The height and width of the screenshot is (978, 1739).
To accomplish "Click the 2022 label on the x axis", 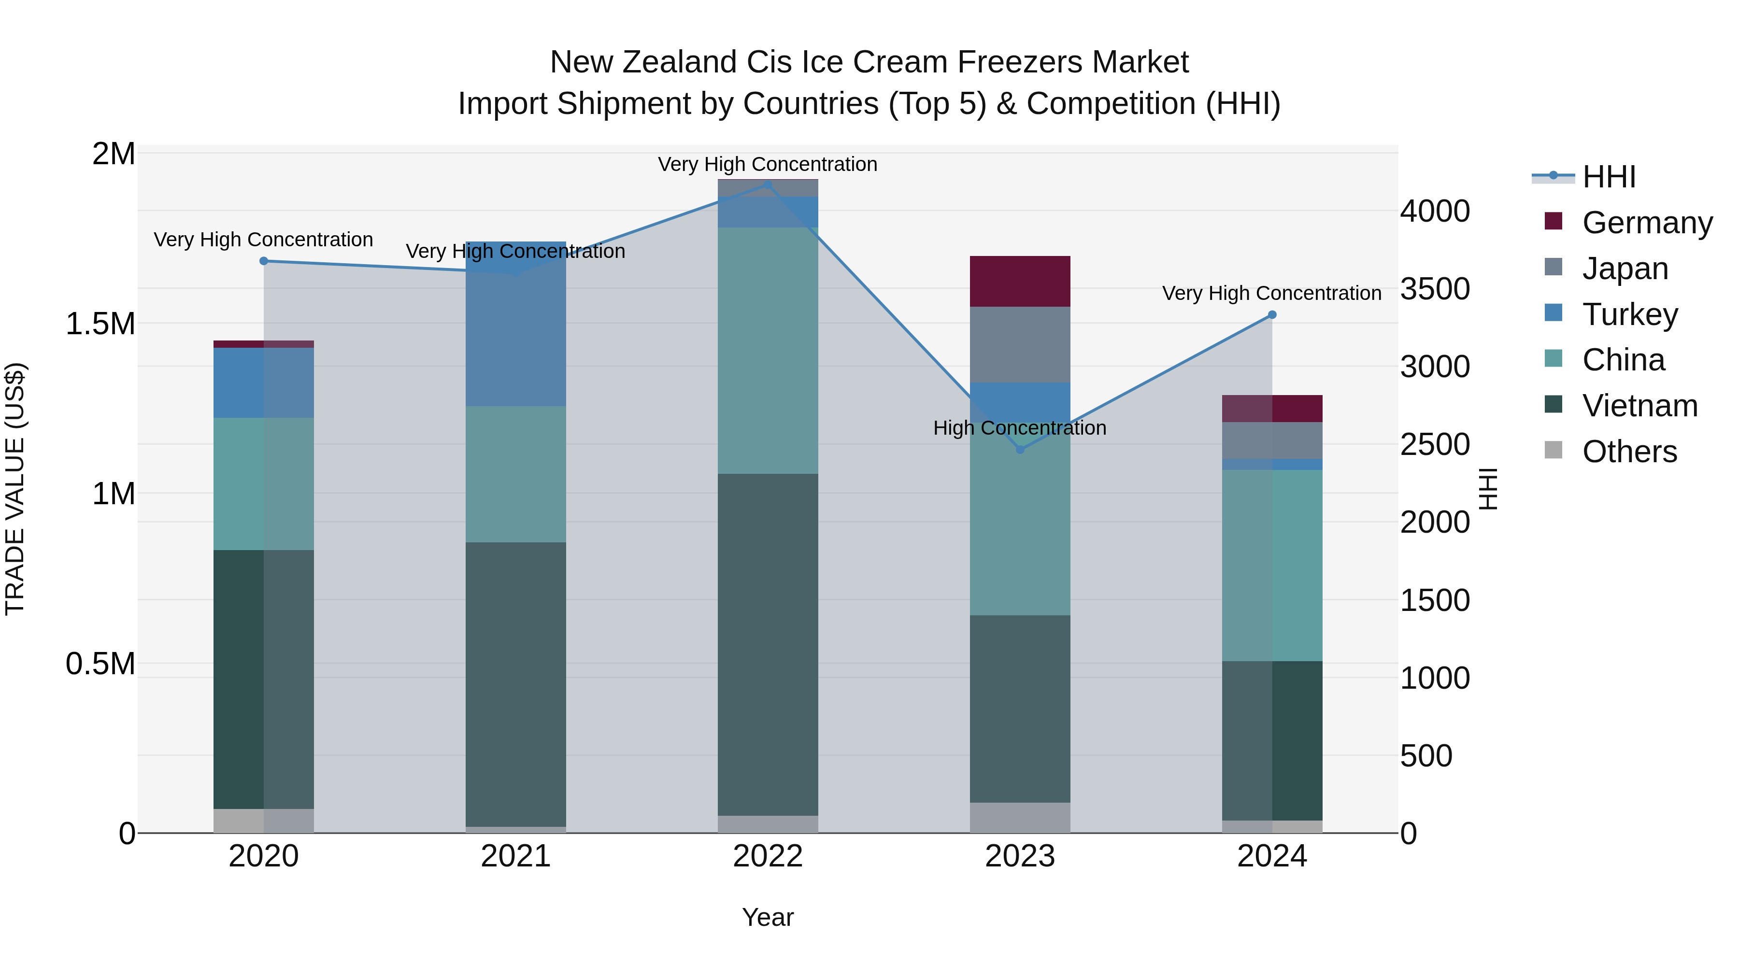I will [x=768, y=856].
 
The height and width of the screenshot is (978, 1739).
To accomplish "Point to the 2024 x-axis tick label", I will [x=1272, y=856].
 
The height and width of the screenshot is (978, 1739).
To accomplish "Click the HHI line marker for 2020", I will [x=264, y=261].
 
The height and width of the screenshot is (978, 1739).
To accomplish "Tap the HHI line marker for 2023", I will [x=1020, y=450].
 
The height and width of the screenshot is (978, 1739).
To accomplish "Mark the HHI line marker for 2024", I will [x=1272, y=314].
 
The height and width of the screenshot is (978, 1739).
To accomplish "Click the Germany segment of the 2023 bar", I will [x=1020, y=282].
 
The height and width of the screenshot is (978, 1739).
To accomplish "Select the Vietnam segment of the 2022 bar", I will [x=768, y=645].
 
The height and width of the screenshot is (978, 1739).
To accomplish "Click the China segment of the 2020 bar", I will [x=264, y=484].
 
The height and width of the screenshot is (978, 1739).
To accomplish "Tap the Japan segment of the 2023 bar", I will [x=1020, y=345].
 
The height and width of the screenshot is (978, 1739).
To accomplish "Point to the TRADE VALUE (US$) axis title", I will [x=15, y=489].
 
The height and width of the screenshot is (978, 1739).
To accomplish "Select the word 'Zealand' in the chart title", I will [x=682, y=62].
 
